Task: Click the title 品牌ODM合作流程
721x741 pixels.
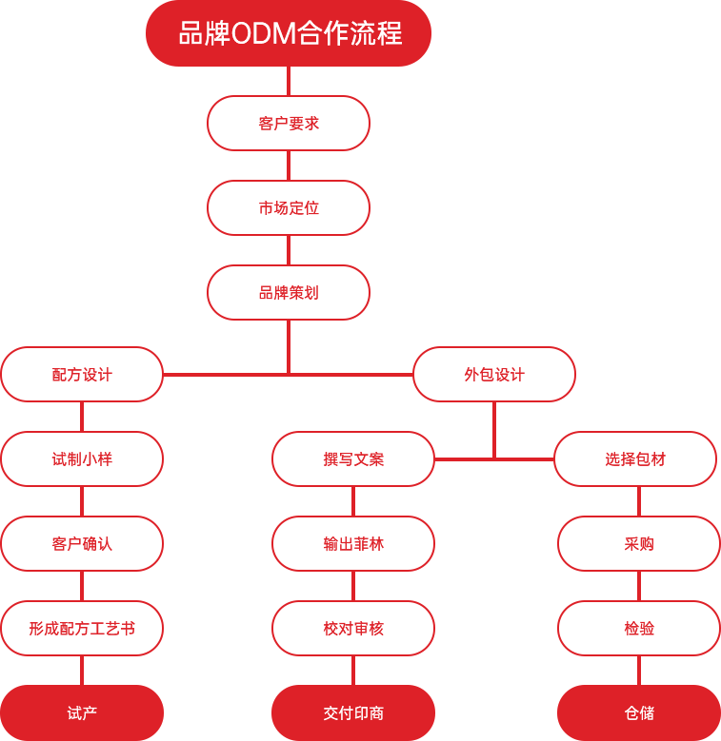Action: [x=289, y=34]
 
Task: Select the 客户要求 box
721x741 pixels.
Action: [x=289, y=123]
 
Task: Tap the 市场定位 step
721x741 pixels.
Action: [x=289, y=207]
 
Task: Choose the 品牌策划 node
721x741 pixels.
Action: [x=289, y=292]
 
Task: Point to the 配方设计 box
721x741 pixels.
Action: [x=82, y=374]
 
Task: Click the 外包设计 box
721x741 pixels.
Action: [x=493, y=374]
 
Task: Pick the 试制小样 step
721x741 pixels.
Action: [x=82, y=458]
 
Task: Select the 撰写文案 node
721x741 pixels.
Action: [x=353, y=458]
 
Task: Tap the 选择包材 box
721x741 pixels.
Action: [x=635, y=458]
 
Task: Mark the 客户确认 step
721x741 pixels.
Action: [x=82, y=543]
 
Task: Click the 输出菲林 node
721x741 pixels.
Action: [x=353, y=543]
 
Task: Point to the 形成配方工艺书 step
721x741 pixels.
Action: [x=82, y=628]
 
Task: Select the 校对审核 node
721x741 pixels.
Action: [x=353, y=628]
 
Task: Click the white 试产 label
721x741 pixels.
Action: [x=82, y=712]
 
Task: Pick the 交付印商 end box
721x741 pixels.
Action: [x=353, y=712]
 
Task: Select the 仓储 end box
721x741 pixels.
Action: [x=639, y=712]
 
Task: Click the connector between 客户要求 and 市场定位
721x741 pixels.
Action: [x=289, y=165]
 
